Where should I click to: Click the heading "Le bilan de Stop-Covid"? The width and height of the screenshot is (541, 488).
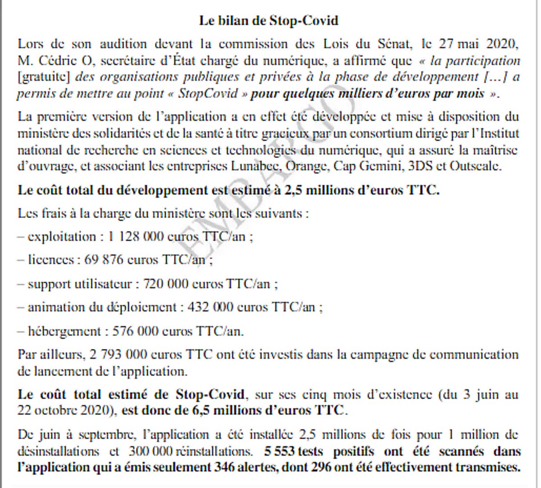pos(269,21)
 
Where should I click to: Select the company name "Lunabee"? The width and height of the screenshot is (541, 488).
pos(256,166)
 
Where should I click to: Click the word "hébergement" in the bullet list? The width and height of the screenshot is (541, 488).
pos(64,331)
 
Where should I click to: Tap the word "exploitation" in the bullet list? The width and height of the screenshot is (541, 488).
pos(62,236)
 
